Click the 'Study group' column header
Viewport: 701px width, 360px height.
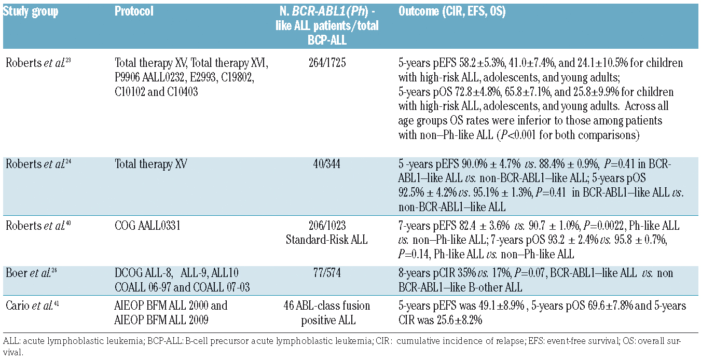tap(31, 11)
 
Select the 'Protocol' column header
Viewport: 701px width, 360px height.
tap(134, 11)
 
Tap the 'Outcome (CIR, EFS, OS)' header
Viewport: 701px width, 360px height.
tap(452, 11)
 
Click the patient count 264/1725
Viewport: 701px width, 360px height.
tap(327, 63)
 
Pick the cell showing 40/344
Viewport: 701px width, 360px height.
tap(327, 164)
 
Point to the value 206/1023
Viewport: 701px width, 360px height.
tap(327, 226)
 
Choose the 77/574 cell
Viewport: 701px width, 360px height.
tap(327, 273)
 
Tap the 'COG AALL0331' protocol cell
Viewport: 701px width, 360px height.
tap(147, 226)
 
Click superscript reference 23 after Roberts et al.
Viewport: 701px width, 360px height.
tap(67, 60)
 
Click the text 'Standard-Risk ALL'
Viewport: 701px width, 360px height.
tap(327, 240)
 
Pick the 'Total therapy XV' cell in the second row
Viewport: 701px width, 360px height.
tap(151, 164)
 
